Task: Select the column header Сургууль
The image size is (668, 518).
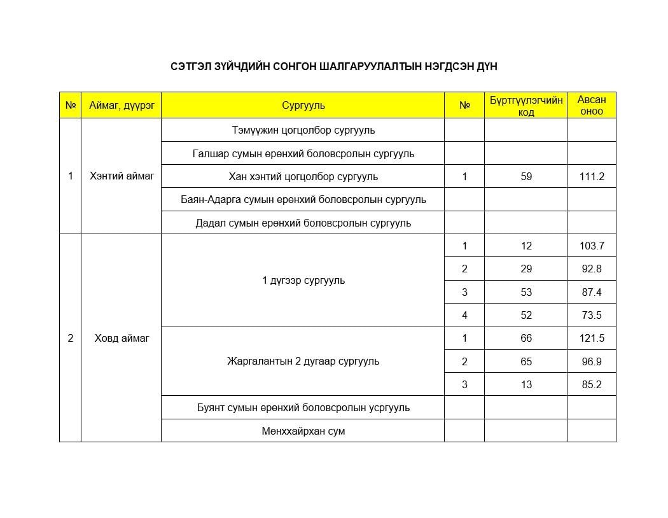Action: coord(303,106)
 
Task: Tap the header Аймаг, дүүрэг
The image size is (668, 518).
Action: coord(121,106)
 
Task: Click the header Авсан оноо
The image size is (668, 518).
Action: coord(591,106)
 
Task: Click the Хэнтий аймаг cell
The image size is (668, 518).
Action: coord(122,176)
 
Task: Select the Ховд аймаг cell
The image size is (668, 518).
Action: coord(122,338)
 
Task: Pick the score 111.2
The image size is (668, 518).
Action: coord(591,176)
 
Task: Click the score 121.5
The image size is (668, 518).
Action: coord(591,338)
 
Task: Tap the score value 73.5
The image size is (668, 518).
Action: coord(591,315)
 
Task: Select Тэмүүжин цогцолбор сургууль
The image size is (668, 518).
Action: coord(303,130)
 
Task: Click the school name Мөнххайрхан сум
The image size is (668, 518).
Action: coord(303,431)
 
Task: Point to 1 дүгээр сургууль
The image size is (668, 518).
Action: coord(303,280)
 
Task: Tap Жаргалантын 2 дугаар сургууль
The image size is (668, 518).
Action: coord(303,361)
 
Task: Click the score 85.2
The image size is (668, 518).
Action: coord(591,384)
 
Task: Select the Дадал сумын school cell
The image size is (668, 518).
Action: coord(303,223)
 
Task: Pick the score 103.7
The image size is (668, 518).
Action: coord(591,246)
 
